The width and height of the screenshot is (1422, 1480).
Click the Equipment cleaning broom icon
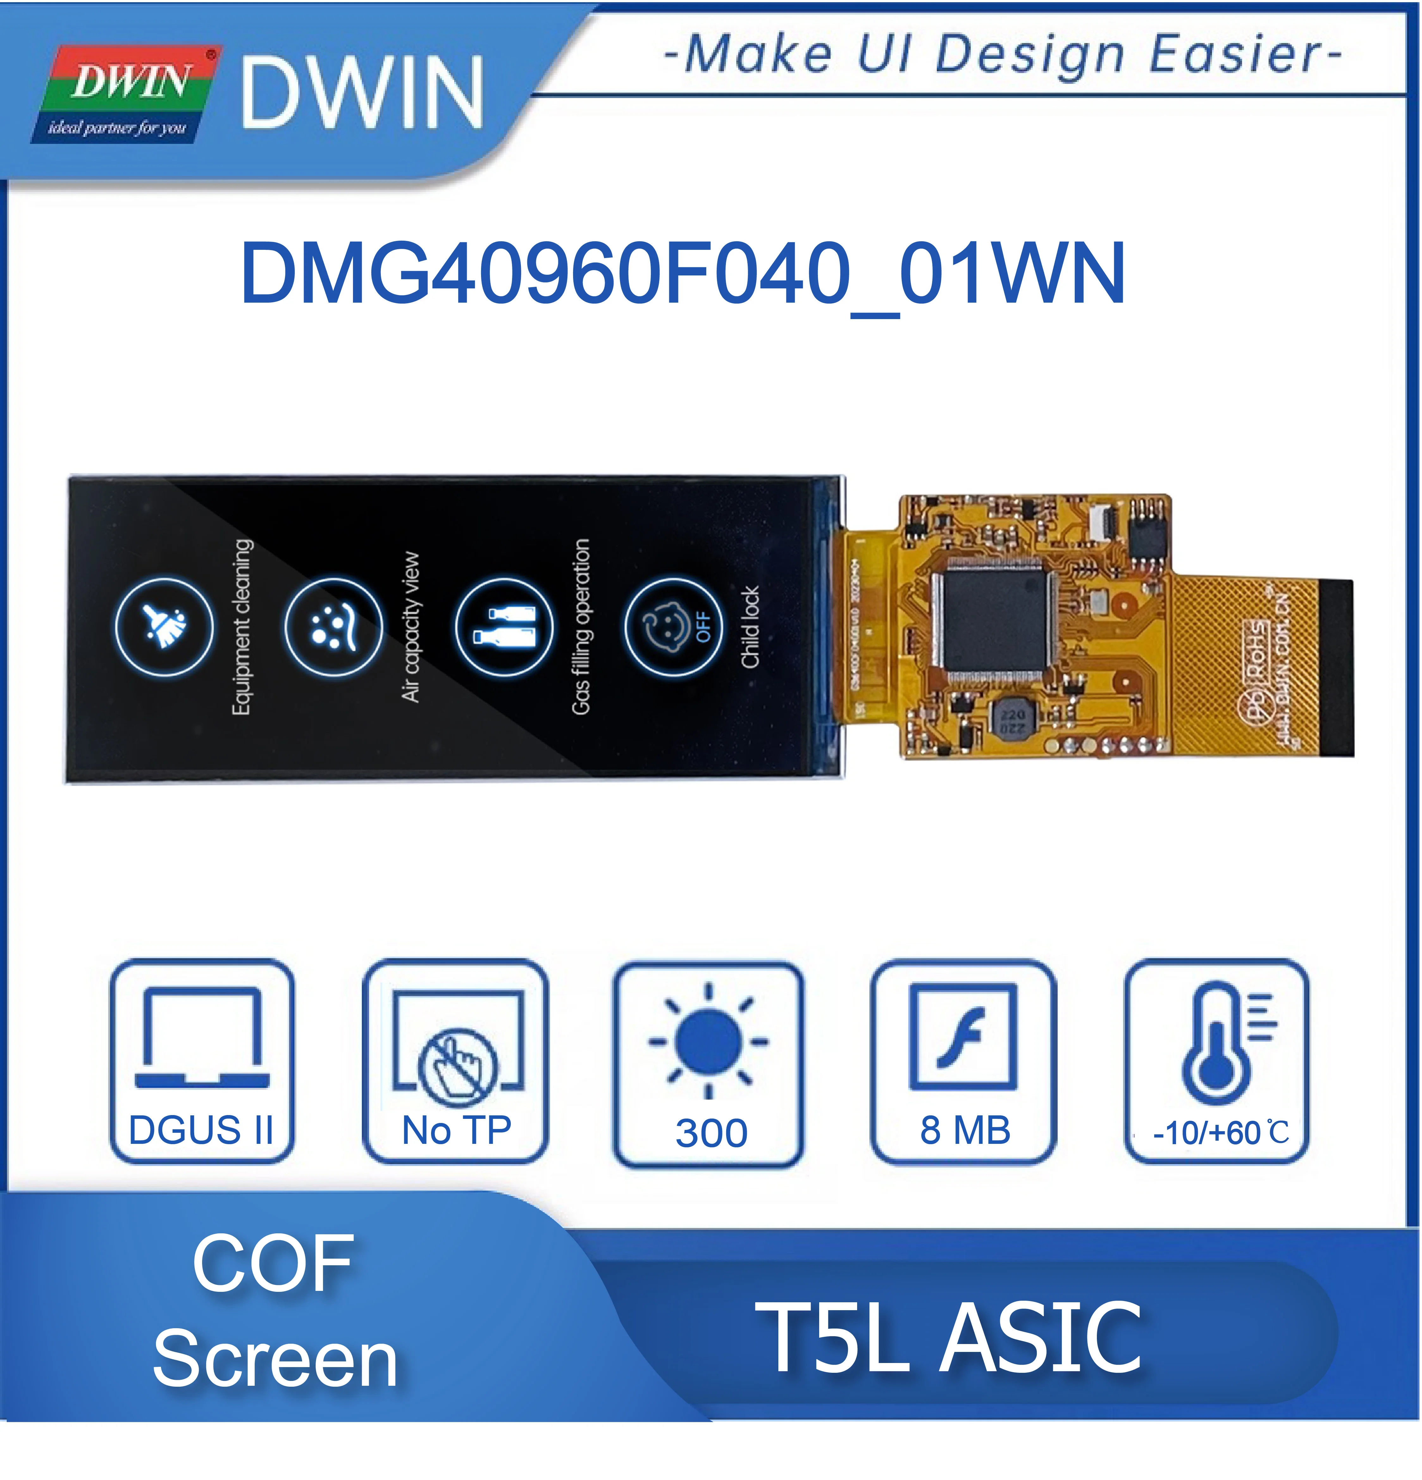(164, 627)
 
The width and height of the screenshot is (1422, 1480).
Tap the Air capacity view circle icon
(333, 627)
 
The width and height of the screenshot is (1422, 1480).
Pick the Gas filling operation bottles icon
(504, 627)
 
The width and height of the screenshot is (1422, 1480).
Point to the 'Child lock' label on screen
(750, 627)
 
